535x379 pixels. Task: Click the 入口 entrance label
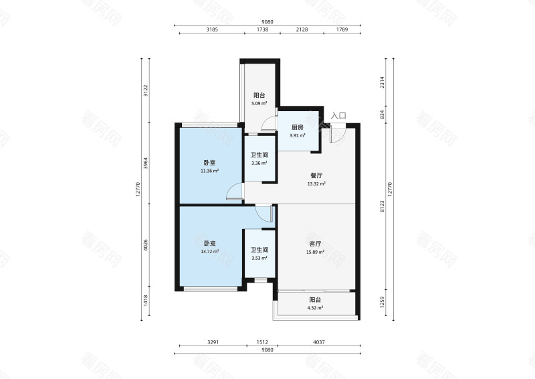click(338, 115)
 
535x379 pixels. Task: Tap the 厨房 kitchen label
click(297, 127)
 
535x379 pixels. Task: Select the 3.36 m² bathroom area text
click(259, 163)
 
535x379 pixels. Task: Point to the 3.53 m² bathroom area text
click(259, 258)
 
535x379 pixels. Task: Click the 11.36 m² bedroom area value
click(209, 171)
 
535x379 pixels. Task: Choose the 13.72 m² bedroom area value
click(209, 252)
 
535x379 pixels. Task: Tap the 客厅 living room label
click(315, 244)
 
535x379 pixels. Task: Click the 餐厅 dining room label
click(316, 175)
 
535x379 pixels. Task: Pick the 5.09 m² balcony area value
click(259, 103)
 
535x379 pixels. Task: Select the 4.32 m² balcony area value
click(315, 307)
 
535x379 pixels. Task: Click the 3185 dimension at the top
click(212, 29)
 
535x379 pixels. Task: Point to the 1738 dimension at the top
click(262, 29)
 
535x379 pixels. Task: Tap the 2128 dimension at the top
click(302, 29)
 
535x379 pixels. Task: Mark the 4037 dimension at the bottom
click(319, 342)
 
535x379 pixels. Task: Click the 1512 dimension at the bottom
click(262, 342)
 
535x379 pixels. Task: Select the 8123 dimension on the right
click(383, 206)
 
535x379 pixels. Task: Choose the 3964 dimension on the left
click(146, 163)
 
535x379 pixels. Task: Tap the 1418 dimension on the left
click(146, 301)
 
